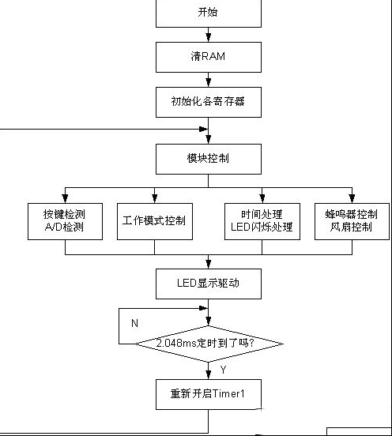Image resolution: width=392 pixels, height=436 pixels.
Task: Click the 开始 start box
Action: click(x=209, y=13)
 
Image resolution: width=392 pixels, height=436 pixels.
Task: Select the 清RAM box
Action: click(x=209, y=58)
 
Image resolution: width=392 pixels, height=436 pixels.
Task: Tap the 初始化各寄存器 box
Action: click(x=209, y=102)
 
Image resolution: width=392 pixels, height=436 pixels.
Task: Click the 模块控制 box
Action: click(x=209, y=159)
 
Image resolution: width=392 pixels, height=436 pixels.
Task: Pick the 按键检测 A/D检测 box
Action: click(x=65, y=221)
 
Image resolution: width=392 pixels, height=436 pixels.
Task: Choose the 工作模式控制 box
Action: click(x=155, y=221)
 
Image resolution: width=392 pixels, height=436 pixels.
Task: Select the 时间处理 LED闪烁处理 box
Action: click(x=262, y=221)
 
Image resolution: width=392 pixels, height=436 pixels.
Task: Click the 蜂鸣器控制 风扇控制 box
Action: click(x=352, y=221)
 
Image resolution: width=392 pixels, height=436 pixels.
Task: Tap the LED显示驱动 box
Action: click(x=209, y=284)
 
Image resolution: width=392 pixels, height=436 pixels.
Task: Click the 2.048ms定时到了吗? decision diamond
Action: click(x=209, y=344)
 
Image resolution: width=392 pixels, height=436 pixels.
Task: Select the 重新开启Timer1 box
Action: click(x=209, y=394)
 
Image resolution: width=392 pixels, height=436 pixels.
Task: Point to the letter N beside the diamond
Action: click(x=134, y=323)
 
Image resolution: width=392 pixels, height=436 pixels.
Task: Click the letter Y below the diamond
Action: click(x=223, y=370)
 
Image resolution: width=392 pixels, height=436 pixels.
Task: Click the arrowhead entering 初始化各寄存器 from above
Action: click(x=209, y=82)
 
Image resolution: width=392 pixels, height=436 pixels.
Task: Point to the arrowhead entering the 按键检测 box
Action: click(x=65, y=198)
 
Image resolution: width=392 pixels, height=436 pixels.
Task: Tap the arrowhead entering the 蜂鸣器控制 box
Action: click(x=352, y=198)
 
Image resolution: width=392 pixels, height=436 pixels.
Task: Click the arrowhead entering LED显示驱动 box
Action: click(x=209, y=264)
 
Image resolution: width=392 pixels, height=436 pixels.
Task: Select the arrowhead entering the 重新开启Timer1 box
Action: click(x=209, y=374)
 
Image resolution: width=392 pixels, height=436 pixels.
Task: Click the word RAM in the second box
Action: click(x=213, y=56)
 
